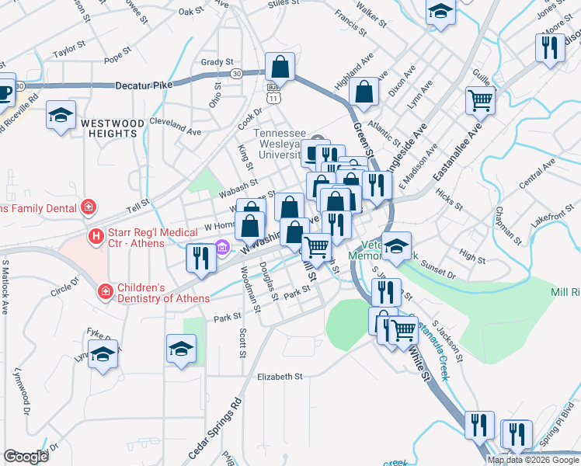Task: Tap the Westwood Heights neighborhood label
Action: click(113, 129)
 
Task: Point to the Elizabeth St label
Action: click(280, 377)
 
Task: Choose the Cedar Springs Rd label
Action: click(214, 429)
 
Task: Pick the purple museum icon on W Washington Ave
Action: click(223, 249)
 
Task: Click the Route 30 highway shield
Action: click(236, 73)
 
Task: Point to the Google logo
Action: click(26, 457)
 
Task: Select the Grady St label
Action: click(217, 62)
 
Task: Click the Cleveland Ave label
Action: click(170, 123)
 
